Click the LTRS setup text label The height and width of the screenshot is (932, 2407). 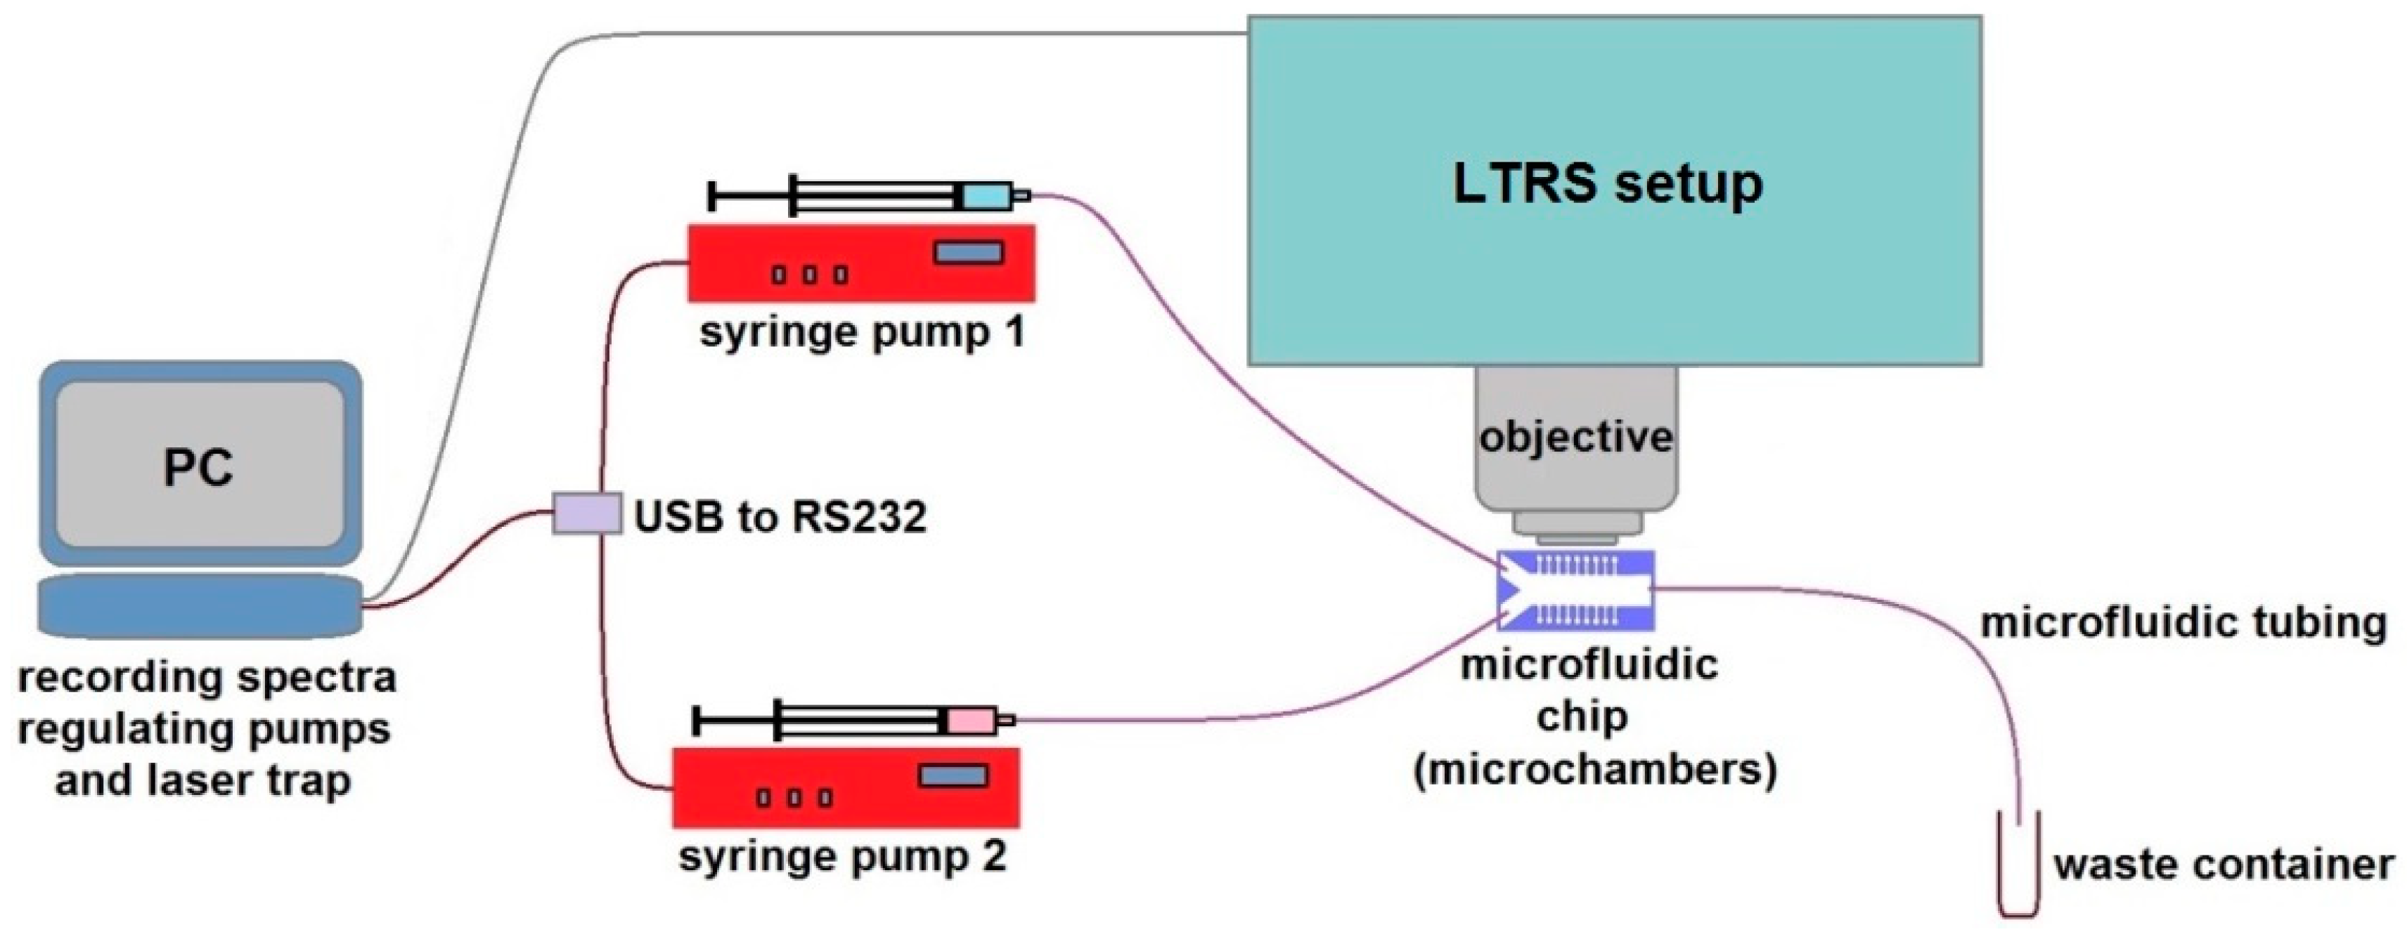[x=1607, y=183]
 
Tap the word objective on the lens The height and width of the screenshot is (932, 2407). [x=1575, y=437]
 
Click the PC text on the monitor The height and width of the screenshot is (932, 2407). [x=198, y=466]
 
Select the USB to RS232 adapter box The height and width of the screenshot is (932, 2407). [x=586, y=513]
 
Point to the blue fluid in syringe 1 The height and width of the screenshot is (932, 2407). [x=986, y=196]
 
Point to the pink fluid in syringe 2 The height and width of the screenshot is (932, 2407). [x=971, y=721]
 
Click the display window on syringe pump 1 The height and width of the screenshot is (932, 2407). [x=969, y=252]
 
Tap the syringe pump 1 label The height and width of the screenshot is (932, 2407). [x=862, y=332]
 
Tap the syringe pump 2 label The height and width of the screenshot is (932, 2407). [x=843, y=856]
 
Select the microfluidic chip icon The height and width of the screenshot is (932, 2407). [x=1575, y=590]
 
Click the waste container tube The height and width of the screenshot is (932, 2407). [x=2018, y=869]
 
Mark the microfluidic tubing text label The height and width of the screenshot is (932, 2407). [x=2183, y=622]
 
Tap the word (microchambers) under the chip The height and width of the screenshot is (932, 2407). [x=1594, y=770]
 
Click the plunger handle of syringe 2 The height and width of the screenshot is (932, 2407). [x=698, y=721]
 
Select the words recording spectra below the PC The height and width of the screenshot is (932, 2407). [x=207, y=677]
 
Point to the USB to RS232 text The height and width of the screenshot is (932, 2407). [x=780, y=516]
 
